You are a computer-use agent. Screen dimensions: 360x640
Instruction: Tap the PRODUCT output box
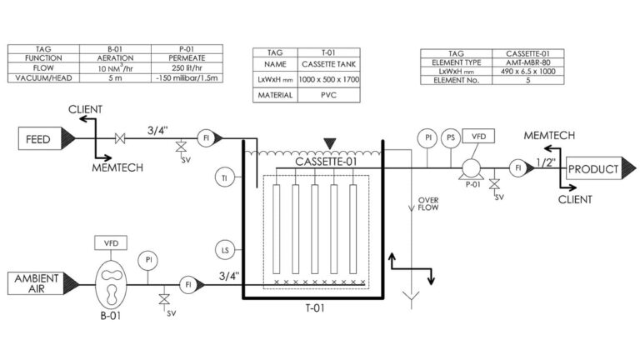[x=593, y=169]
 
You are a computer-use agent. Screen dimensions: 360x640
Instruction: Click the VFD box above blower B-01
[x=111, y=243]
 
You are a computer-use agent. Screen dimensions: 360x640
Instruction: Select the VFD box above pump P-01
[x=479, y=136]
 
